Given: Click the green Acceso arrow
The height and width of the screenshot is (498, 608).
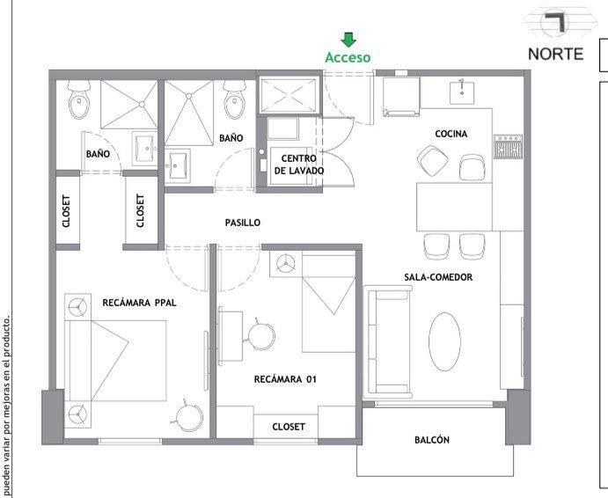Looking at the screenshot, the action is pyautogui.click(x=348, y=40).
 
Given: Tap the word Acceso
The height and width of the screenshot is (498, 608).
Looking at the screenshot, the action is pyautogui.click(x=348, y=57).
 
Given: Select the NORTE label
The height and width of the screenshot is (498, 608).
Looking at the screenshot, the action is pyautogui.click(x=555, y=54).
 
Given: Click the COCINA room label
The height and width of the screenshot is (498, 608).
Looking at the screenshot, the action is pyautogui.click(x=451, y=134).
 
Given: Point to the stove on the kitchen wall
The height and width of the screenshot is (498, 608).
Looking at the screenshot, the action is pyautogui.click(x=508, y=146).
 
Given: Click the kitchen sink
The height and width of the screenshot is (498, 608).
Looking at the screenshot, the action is pyautogui.click(x=462, y=92).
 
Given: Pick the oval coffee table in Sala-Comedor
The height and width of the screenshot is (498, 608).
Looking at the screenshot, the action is pyautogui.click(x=444, y=341).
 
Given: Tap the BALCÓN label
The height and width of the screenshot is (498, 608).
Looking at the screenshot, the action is pyautogui.click(x=432, y=440).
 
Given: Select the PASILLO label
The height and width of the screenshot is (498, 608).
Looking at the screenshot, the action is pyautogui.click(x=243, y=223).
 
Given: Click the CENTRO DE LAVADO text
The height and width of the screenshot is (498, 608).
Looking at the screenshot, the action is pyautogui.click(x=299, y=165).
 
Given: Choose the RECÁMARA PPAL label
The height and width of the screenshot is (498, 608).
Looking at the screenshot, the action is pyautogui.click(x=140, y=303).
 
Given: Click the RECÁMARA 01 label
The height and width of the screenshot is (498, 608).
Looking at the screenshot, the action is pyautogui.click(x=285, y=379).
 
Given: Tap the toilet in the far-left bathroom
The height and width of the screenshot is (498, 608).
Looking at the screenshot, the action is pyautogui.click(x=79, y=100).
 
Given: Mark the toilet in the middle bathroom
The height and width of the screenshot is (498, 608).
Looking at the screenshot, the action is pyautogui.click(x=234, y=100).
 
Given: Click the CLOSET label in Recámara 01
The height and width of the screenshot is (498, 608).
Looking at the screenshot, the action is pyautogui.click(x=289, y=427).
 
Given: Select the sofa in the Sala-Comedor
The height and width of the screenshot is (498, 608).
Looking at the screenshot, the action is pyautogui.click(x=388, y=342).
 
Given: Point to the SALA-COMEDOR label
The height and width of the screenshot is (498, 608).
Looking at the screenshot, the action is pyautogui.click(x=438, y=277).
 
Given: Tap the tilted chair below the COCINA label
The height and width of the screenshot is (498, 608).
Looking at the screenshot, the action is pyautogui.click(x=433, y=160).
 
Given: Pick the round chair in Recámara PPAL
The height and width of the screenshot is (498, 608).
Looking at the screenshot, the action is pyautogui.click(x=189, y=417).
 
